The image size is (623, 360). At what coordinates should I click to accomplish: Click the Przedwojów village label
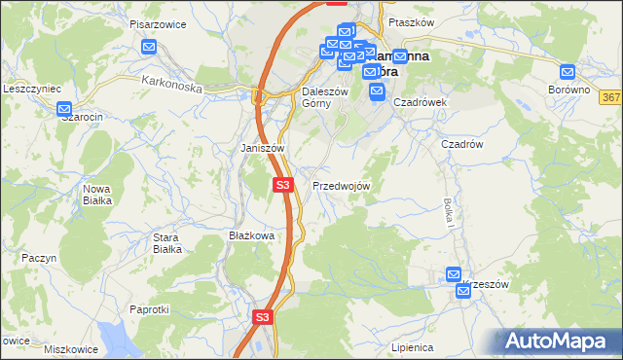coord(340,186)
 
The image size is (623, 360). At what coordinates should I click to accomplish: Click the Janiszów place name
coord(262,148)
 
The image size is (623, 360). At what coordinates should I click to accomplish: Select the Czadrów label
coord(462,143)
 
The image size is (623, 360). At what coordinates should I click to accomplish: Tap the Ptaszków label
coord(409,21)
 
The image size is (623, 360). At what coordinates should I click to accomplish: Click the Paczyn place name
coord(40,258)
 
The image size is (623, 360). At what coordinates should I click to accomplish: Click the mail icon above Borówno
coord(568,71)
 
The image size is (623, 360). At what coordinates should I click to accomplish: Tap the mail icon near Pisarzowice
coord(149,46)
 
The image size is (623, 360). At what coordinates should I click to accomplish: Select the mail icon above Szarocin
coord(65,110)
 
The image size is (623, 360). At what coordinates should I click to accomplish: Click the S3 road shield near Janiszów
coord(282,184)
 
